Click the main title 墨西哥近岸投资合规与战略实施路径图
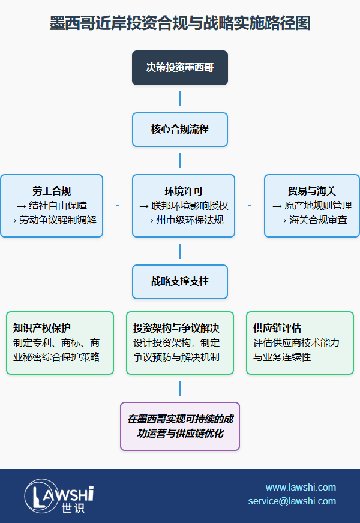[180, 24]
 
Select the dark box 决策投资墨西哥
[180, 67]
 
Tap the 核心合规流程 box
[180, 129]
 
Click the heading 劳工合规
[52, 191]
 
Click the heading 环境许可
[184, 191]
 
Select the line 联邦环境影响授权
[184, 205]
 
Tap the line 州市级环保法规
[184, 220]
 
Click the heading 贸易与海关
[312, 191]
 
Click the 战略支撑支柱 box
[180, 281]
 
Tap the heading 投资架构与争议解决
[176, 328]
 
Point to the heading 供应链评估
[277, 328]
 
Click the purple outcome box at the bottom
[180, 426]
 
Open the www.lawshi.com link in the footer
[301, 487]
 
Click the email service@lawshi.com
[292, 501]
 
